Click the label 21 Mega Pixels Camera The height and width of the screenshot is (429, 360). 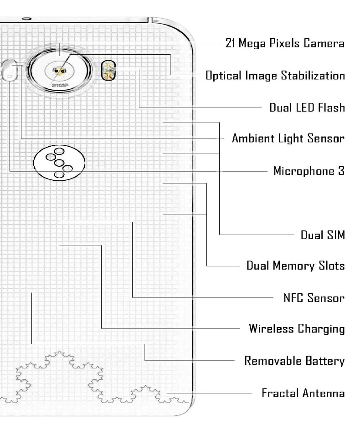coord(285,44)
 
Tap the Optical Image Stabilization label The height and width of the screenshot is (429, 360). coord(275,76)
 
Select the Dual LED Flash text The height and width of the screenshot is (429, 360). coord(307,108)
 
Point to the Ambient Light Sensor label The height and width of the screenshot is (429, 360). coord(288,138)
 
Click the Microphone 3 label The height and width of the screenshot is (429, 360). coord(309,171)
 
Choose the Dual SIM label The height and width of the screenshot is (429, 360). coord(322,235)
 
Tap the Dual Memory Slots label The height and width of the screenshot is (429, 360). coord(295,266)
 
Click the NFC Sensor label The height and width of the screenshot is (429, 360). coord(314,298)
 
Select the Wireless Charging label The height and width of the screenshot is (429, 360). coord(297,328)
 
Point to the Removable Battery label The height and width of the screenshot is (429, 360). coord(294,361)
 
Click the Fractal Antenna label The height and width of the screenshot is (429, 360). coord(303,393)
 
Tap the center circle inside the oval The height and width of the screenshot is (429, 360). coord(59,163)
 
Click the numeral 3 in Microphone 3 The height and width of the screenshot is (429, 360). coord(341,171)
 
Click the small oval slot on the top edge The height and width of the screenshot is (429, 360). coord(26,19)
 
